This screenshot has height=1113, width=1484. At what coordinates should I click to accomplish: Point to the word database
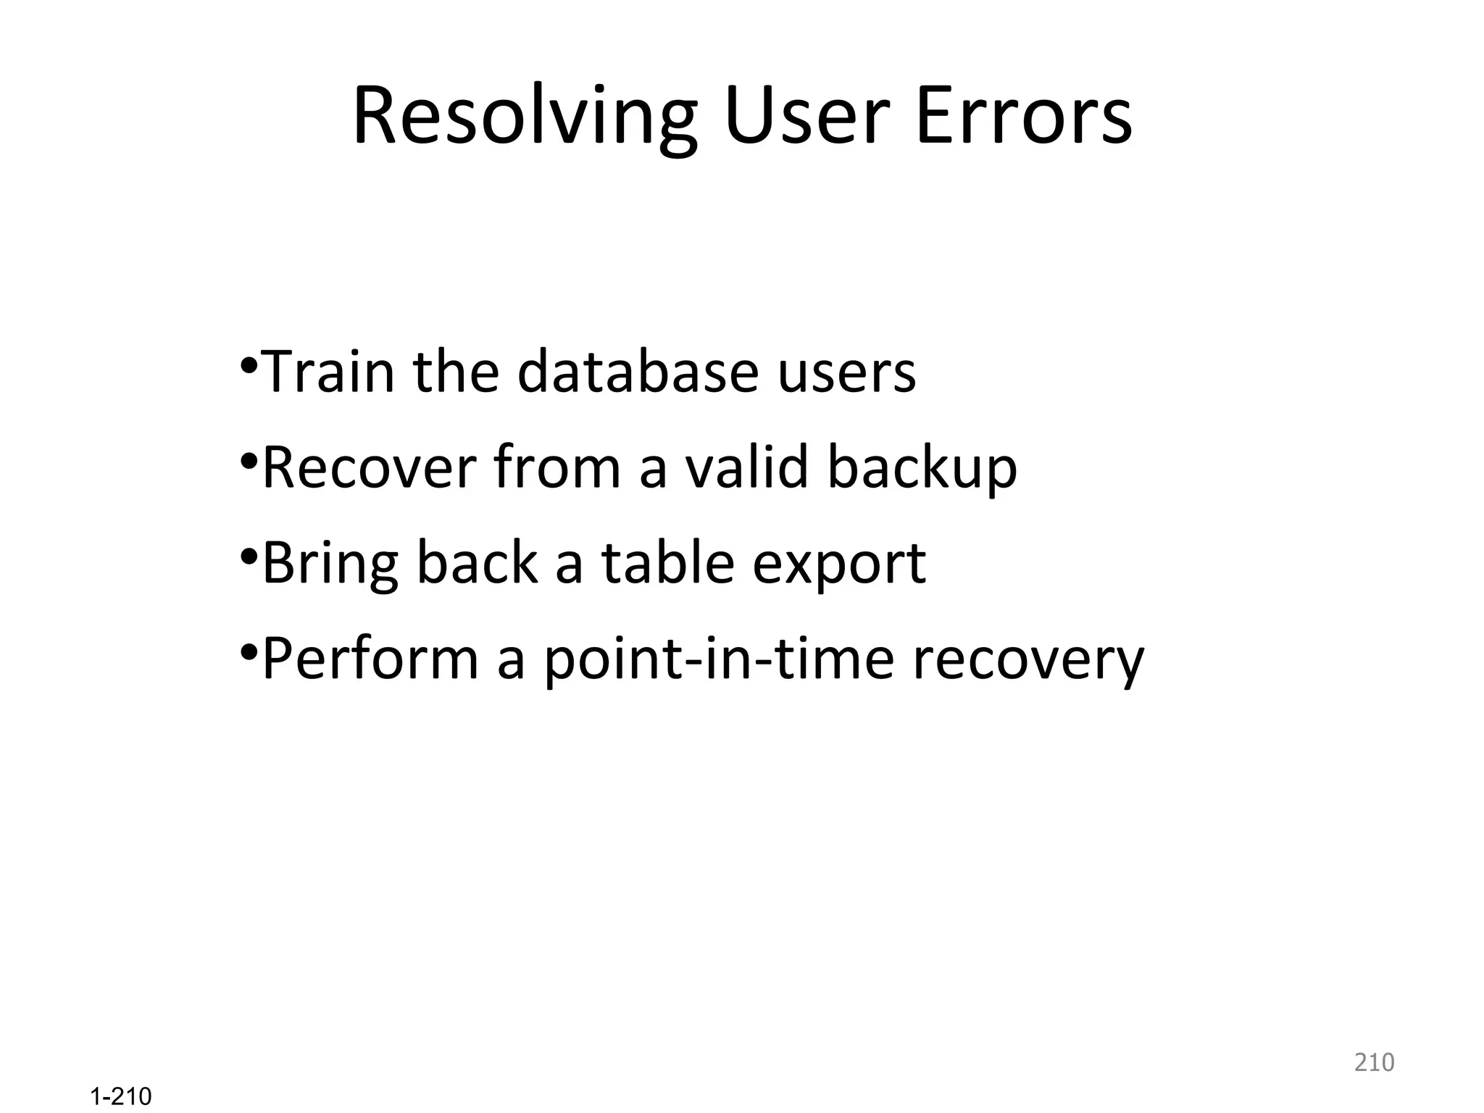point(638,372)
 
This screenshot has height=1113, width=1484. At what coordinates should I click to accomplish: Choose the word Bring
point(330,564)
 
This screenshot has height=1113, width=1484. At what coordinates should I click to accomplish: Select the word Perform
point(370,659)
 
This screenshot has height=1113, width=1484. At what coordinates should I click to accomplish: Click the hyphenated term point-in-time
point(719,660)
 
